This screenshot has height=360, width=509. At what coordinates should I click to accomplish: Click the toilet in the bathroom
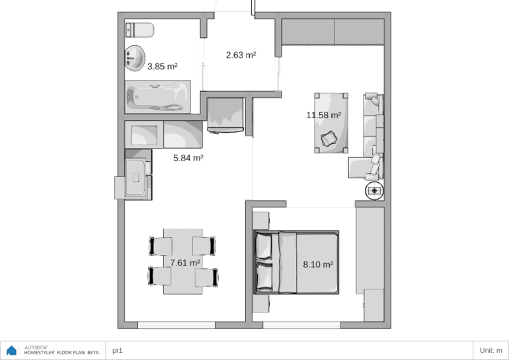click(x=139, y=30)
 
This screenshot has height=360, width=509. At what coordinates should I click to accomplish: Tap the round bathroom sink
click(x=135, y=58)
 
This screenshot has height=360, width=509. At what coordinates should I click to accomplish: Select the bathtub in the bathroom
click(x=158, y=96)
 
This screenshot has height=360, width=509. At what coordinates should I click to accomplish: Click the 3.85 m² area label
click(x=163, y=67)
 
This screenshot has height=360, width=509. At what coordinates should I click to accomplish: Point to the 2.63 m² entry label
click(x=241, y=55)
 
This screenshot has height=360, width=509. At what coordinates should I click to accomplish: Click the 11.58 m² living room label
click(x=324, y=115)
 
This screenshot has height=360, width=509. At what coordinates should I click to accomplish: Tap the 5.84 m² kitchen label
click(x=188, y=158)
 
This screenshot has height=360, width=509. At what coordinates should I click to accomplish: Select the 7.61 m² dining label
click(x=185, y=263)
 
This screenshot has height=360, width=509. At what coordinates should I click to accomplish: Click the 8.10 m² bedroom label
click(x=318, y=264)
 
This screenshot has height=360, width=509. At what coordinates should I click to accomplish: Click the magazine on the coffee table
click(x=329, y=139)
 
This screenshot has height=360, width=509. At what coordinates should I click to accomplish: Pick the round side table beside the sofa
click(x=375, y=191)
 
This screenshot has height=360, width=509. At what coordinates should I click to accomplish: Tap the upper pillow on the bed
click(x=264, y=246)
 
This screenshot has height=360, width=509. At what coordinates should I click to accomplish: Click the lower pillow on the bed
click(x=264, y=277)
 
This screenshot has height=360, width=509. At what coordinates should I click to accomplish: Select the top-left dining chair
click(x=161, y=246)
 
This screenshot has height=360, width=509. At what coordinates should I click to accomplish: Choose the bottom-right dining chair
click(x=206, y=277)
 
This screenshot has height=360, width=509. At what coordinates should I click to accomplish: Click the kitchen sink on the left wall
click(x=136, y=178)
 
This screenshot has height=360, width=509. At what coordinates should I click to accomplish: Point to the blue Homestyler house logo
click(x=11, y=350)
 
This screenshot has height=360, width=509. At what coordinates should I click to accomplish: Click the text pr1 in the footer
click(x=118, y=350)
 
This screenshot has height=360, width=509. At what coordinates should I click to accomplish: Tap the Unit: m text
click(x=490, y=350)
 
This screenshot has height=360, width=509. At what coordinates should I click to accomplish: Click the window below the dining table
click(x=176, y=325)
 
